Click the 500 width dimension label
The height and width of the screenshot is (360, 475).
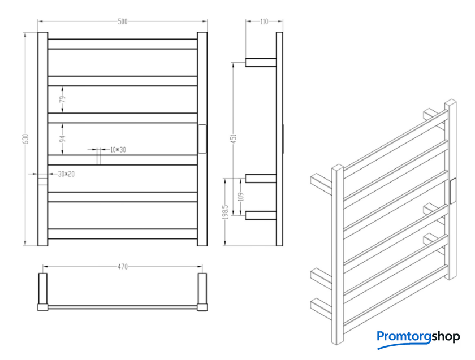(x=122, y=21)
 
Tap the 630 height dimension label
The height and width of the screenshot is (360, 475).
(x=26, y=139)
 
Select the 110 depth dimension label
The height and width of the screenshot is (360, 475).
(x=264, y=21)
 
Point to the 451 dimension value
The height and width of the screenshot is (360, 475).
(x=234, y=138)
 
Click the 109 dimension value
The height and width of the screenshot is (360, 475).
(x=241, y=197)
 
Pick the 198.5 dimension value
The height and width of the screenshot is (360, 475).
(x=225, y=211)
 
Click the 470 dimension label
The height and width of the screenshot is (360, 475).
(x=122, y=267)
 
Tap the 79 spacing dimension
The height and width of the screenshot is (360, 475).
(x=63, y=99)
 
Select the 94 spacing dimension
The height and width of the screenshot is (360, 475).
(x=63, y=138)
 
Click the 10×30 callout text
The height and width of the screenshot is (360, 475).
(x=118, y=150)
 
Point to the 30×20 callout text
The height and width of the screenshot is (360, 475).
(x=66, y=174)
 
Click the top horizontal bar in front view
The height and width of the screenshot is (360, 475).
(x=122, y=44)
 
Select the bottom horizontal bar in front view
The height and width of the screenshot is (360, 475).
(x=122, y=234)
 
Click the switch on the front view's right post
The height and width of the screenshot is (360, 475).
(x=202, y=139)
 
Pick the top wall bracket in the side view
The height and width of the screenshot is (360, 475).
(x=261, y=62)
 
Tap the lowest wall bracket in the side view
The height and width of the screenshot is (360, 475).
(x=261, y=215)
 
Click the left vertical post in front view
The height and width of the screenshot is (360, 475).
(x=43, y=139)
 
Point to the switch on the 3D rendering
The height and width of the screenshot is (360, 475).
(x=452, y=192)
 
